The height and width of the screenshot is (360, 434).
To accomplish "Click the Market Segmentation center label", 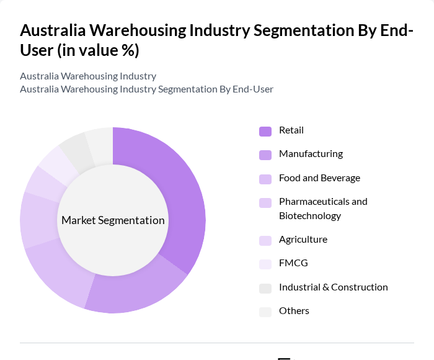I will [113, 220].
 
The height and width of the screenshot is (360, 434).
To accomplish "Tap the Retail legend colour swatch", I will [265, 131].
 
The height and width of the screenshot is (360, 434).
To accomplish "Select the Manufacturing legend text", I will [311, 154].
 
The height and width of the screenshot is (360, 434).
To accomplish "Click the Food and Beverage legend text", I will [319, 178].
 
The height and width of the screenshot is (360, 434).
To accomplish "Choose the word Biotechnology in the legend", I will [310, 216].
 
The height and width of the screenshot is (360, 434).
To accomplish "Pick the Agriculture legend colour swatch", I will [265, 240].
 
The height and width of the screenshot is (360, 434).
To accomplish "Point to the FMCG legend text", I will [293, 263].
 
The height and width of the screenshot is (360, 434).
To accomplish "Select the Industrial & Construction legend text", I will [333, 287].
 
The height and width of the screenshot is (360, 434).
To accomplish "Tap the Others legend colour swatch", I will [265, 312].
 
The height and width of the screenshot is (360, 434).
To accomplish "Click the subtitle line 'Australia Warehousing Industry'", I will [88, 76].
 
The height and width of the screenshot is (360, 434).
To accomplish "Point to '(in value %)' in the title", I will [99, 50].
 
